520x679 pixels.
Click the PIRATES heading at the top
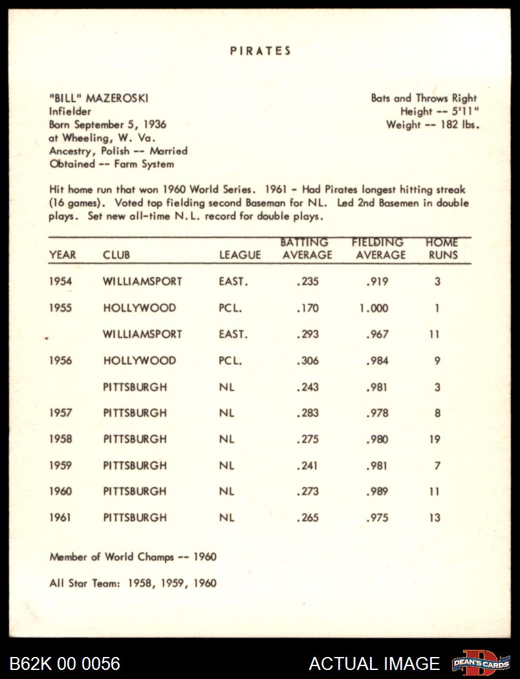click(x=261, y=51)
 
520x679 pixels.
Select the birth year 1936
click(x=155, y=125)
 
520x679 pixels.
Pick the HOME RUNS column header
click(x=442, y=249)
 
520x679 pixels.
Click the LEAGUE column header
click(x=240, y=255)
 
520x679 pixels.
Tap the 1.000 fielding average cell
click(x=374, y=308)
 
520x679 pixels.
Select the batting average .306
click(x=307, y=361)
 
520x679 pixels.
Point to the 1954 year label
click(x=61, y=282)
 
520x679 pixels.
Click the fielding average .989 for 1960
click(x=377, y=491)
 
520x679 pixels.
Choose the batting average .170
click(x=307, y=308)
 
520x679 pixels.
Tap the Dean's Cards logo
click(x=481, y=662)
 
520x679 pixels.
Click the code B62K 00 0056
click(x=65, y=663)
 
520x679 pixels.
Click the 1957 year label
click(x=61, y=413)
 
